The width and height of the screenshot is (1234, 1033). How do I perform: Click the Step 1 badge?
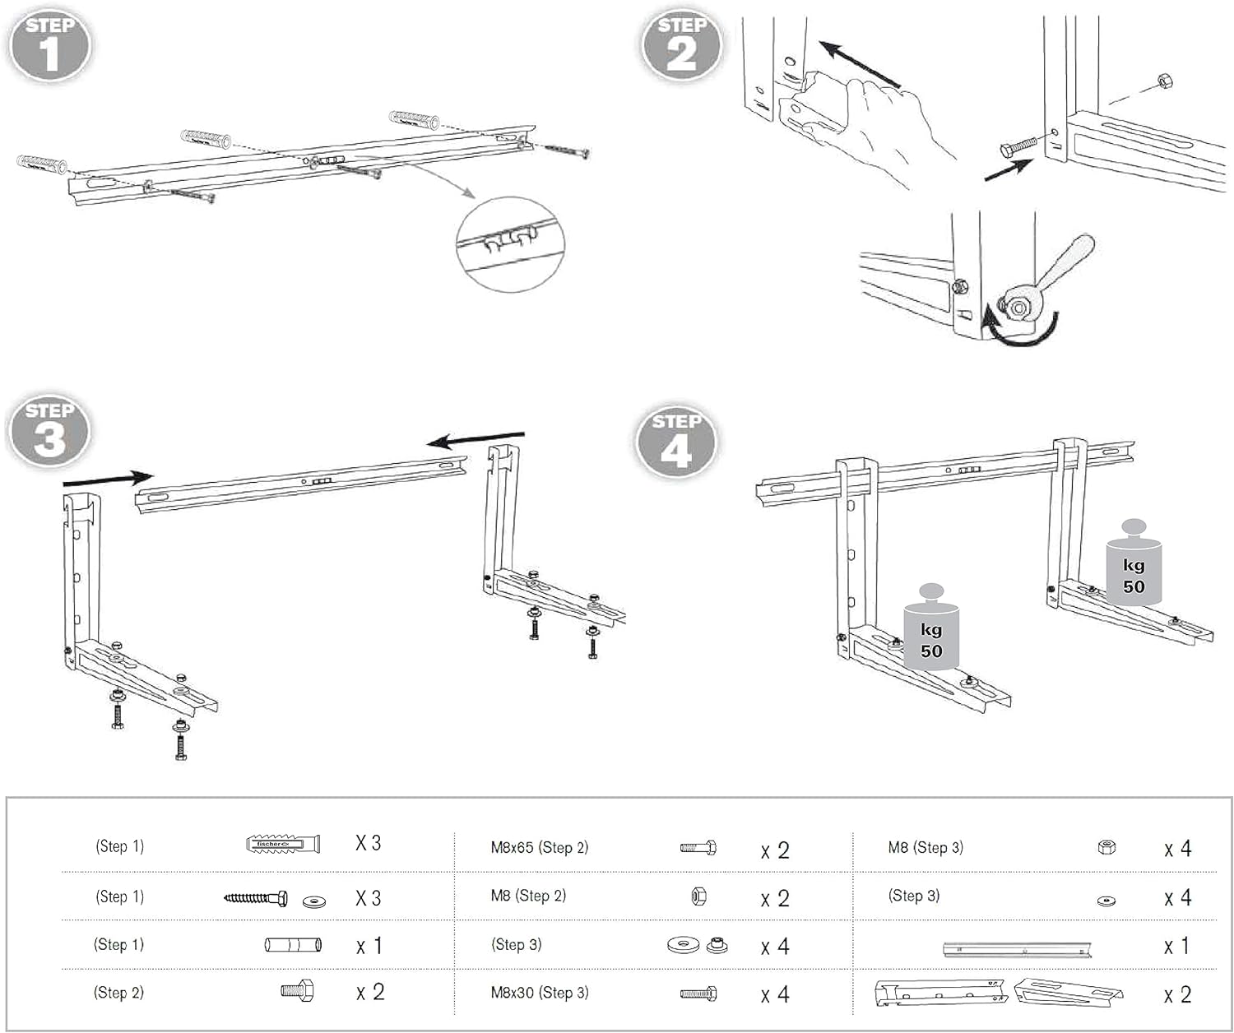(x=49, y=44)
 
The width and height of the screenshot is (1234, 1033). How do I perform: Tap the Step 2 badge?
(x=681, y=44)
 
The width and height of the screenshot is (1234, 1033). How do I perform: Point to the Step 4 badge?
(x=676, y=442)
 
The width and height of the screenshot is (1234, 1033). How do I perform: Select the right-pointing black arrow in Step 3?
(x=108, y=477)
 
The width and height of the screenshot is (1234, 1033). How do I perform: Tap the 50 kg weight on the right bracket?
(x=1134, y=567)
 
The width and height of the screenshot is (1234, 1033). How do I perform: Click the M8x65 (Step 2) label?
(x=540, y=848)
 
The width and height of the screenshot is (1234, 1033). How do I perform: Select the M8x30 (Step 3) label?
(x=540, y=993)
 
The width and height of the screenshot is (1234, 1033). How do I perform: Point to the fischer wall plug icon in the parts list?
(x=283, y=844)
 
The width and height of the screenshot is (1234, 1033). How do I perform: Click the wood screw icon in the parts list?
(x=256, y=898)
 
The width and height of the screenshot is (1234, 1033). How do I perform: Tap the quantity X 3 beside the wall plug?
(x=368, y=843)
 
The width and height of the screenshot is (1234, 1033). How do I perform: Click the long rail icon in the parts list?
(x=1017, y=948)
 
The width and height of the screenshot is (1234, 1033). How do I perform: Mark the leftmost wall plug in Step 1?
(x=41, y=162)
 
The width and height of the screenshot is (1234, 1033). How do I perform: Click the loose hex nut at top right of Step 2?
(x=1164, y=81)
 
